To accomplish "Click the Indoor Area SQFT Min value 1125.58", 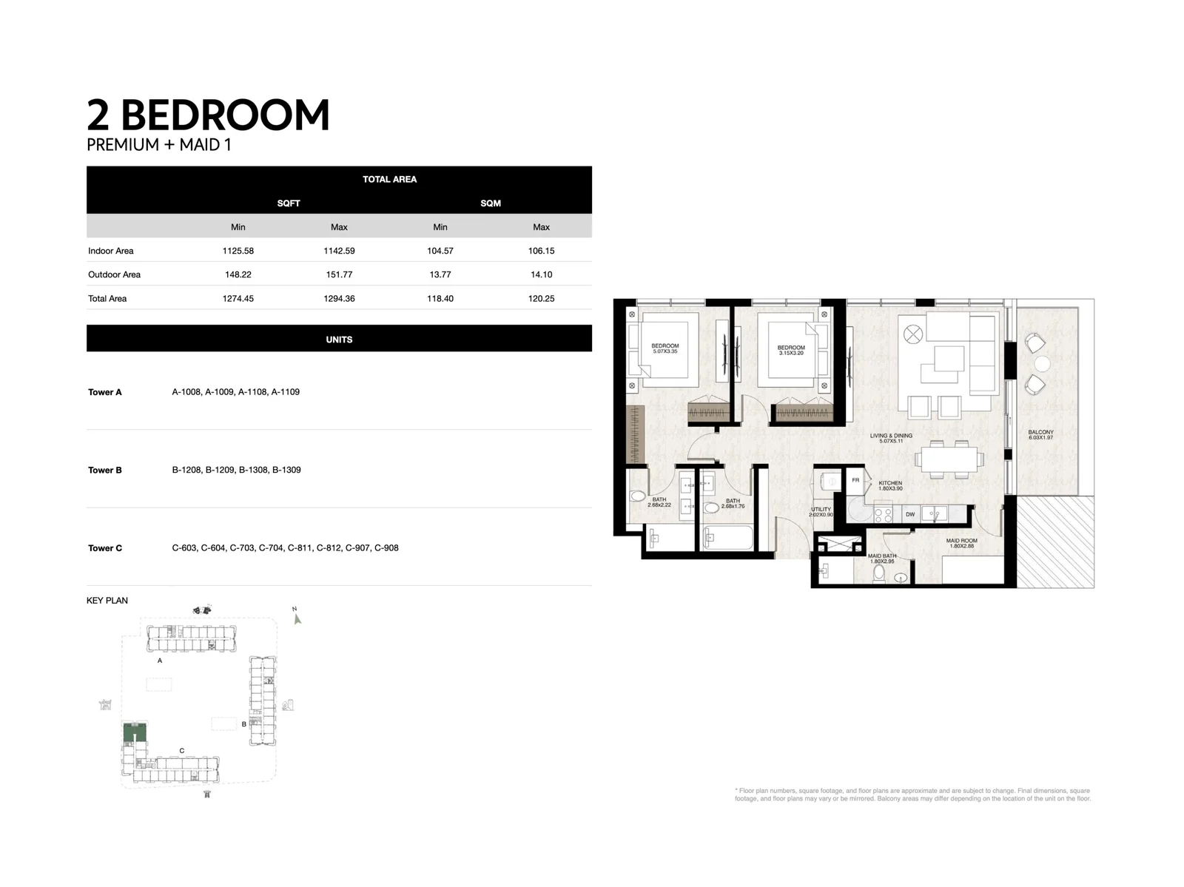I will (x=238, y=251).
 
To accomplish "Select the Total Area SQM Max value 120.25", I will (x=541, y=299).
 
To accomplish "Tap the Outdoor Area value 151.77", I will (x=339, y=274).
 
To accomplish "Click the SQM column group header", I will (x=491, y=203).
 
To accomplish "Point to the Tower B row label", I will (x=105, y=471).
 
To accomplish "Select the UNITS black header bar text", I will (x=339, y=340).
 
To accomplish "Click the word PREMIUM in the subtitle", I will (x=123, y=145).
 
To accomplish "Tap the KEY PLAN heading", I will (x=107, y=601).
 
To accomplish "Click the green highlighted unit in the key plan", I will (x=135, y=733).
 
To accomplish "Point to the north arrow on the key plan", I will (x=297, y=617).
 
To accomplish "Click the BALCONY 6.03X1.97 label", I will (x=1040, y=435).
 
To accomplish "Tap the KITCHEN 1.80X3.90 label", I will (x=890, y=485).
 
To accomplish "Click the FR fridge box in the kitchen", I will (x=855, y=481).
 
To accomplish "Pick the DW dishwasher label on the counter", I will (x=910, y=514).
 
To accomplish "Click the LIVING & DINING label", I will (x=891, y=438).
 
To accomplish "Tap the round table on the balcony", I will (x=1042, y=364).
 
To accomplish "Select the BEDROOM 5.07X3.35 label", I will (x=665, y=348).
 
